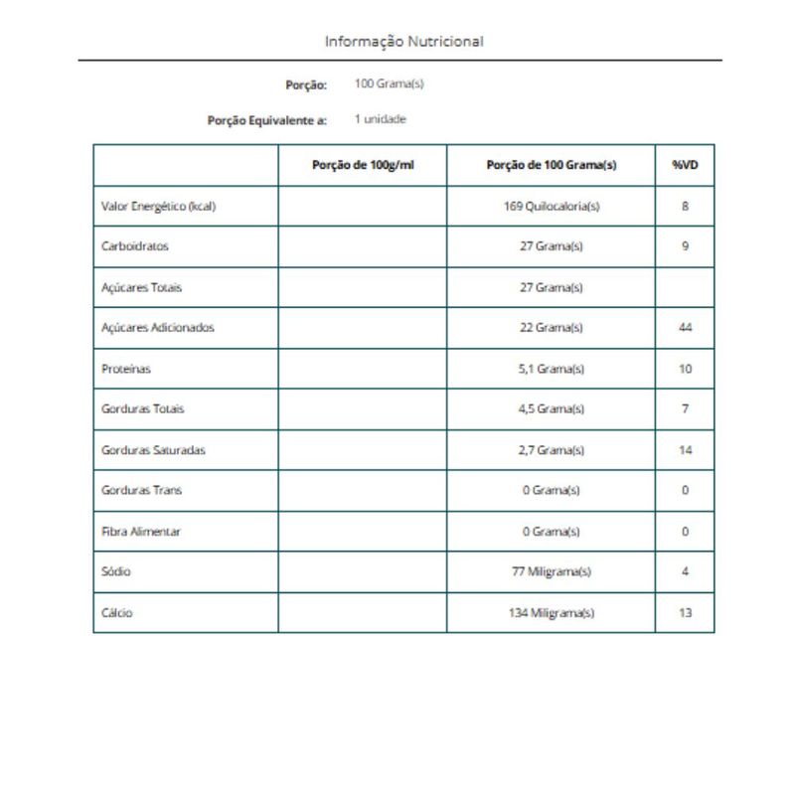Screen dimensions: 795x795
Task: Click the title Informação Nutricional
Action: pyautogui.click(x=403, y=42)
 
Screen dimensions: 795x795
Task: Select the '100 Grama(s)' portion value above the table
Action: pyautogui.click(x=389, y=83)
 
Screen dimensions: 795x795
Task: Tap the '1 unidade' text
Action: pyautogui.click(x=381, y=119)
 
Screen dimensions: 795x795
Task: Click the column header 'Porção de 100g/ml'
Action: pyautogui.click(x=363, y=165)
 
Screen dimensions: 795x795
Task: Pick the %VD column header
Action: pyautogui.click(x=685, y=165)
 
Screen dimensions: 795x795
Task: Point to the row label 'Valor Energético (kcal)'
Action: pyautogui.click(x=158, y=207)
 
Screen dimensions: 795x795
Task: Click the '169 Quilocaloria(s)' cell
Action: pyautogui.click(x=552, y=207)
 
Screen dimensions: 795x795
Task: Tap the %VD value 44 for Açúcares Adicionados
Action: pyautogui.click(x=685, y=327)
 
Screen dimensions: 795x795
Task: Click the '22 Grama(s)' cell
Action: pyautogui.click(x=552, y=327)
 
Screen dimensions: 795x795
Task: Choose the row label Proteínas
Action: pyautogui.click(x=125, y=369)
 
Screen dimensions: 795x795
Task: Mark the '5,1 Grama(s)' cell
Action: pyautogui.click(x=552, y=369)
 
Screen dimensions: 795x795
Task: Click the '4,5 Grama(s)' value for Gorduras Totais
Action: pyautogui.click(x=552, y=408)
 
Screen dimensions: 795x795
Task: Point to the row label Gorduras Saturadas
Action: pyautogui.click(x=153, y=450)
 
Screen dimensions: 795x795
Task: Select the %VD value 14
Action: pyautogui.click(x=685, y=450)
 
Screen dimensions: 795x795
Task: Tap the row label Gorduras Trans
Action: pyautogui.click(x=141, y=490)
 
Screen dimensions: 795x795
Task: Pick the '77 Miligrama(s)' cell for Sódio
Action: pyautogui.click(x=552, y=571)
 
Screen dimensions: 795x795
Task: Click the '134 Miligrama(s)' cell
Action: pyautogui.click(x=552, y=613)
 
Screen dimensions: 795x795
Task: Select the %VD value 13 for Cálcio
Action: pyautogui.click(x=685, y=613)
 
